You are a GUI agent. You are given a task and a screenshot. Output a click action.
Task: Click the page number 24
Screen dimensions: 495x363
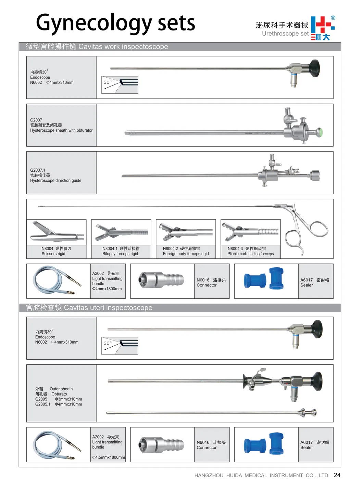[x=337, y=475]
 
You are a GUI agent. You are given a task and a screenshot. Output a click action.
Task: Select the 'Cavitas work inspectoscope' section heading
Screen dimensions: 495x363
[x=97, y=47]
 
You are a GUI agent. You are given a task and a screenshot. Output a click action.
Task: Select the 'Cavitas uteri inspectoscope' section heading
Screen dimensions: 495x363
[x=89, y=308]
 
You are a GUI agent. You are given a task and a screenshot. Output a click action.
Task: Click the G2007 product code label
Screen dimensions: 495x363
[x=36, y=120]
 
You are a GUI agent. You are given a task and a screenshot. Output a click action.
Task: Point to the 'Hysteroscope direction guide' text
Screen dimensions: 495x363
[x=55, y=180]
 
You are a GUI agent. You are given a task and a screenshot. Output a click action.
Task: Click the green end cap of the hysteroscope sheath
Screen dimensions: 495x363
[x=320, y=132]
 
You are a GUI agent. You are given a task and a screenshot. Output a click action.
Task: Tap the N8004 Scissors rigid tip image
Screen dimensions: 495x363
[x=57, y=232]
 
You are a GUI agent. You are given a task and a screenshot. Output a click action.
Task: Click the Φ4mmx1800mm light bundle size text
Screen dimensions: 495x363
[x=107, y=289]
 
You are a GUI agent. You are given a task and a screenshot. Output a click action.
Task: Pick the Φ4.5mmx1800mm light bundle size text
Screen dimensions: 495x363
[x=109, y=457]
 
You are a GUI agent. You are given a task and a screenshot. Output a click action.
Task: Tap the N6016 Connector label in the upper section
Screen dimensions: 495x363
[x=211, y=282]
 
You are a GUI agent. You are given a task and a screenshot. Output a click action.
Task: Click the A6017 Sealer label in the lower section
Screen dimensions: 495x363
[x=315, y=445]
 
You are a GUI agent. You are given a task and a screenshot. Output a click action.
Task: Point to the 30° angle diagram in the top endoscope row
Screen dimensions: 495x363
[x=120, y=85]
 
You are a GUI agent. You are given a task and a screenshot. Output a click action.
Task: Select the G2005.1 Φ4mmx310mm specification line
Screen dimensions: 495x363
[x=59, y=404]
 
